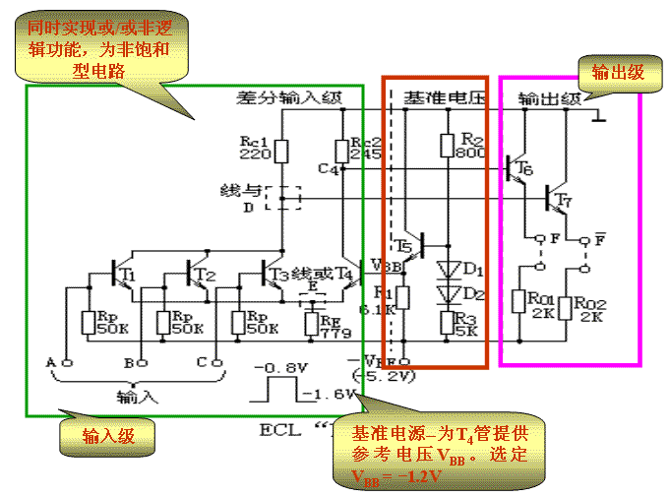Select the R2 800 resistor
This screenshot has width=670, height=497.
(447, 146)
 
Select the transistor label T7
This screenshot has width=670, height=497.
(562, 202)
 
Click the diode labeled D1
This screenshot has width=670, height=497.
(449, 268)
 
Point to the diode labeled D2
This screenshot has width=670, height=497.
(449, 292)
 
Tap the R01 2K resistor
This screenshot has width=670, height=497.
(518, 302)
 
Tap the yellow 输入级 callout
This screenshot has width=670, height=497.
(107, 435)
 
